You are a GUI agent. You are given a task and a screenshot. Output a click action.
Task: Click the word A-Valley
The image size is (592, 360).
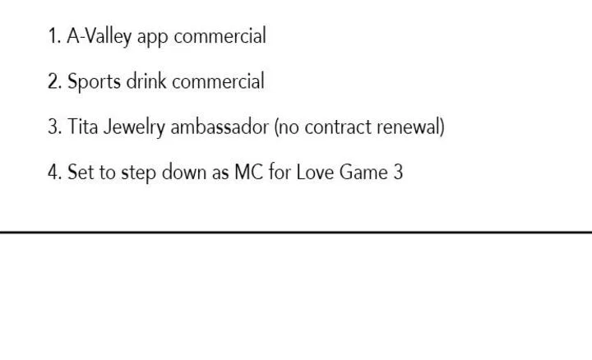click(99, 37)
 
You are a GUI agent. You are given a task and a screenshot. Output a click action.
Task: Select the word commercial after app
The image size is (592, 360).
click(220, 36)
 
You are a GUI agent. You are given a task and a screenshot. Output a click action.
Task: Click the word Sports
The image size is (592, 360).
click(94, 82)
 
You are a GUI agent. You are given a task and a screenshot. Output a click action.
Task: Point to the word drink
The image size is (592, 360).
click(146, 81)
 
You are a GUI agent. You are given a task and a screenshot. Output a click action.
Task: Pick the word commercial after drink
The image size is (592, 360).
click(218, 81)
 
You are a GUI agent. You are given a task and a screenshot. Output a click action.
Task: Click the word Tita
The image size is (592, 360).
click(83, 127)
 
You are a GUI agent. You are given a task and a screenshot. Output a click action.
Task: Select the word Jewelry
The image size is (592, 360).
click(134, 127)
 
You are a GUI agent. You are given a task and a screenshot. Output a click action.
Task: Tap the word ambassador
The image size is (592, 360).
click(220, 127)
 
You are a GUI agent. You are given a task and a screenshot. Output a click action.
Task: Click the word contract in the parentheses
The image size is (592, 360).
click(338, 127)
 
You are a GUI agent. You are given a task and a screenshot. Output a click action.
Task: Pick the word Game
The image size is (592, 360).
click(363, 172)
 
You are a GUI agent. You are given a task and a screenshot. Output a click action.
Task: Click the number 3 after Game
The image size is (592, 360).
click(398, 172)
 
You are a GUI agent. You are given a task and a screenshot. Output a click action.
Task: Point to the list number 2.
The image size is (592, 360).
click(55, 81)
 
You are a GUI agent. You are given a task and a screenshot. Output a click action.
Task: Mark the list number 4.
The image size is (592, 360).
click(55, 172)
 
